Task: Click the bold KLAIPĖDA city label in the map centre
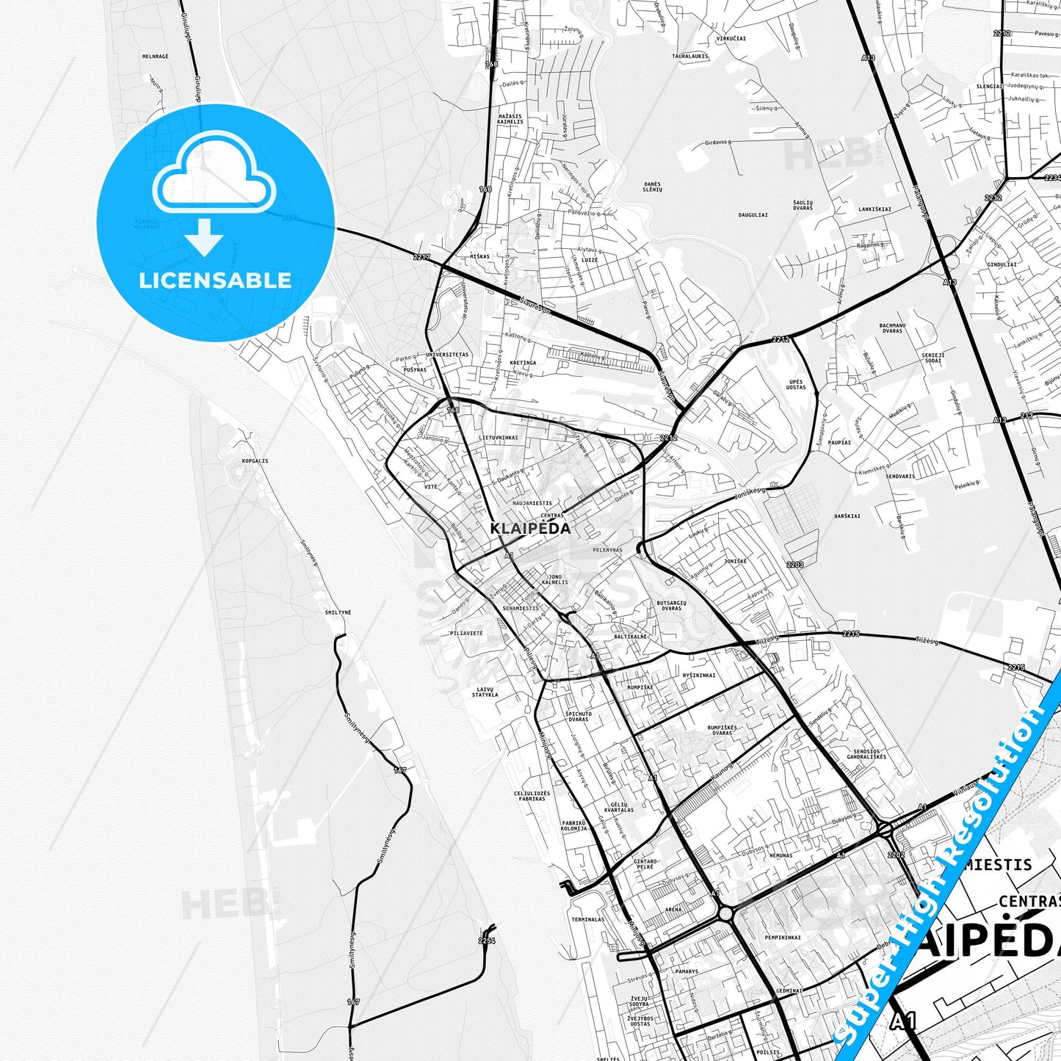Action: point(530,529)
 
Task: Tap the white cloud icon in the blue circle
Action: point(214,176)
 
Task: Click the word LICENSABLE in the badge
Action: point(215,280)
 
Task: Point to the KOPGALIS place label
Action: point(255,461)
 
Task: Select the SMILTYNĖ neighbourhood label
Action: point(338,612)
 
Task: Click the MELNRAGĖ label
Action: point(155,57)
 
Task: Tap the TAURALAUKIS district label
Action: point(690,56)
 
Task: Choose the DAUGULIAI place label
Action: point(753,215)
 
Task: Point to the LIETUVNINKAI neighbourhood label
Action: point(498,438)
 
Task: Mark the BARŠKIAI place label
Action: point(847,516)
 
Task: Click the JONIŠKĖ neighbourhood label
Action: point(735,562)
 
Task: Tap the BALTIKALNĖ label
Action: point(631,637)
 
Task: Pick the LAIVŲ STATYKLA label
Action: point(485,692)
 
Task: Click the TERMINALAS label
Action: point(588,919)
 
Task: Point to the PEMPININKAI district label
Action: point(783,938)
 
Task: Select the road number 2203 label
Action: point(794,565)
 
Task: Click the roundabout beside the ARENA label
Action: point(727,913)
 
